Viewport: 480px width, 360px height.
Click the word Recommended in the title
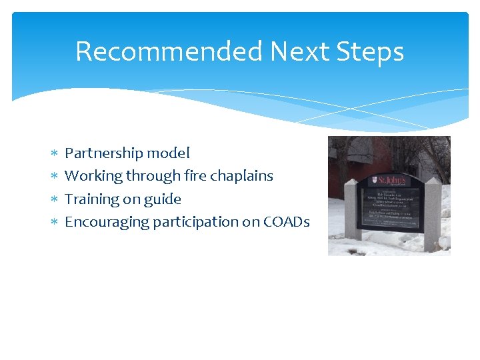[169, 51]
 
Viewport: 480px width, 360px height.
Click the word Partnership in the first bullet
[104, 153]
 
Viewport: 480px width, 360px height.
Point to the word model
[168, 153]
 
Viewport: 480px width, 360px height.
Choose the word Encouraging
[107, 222]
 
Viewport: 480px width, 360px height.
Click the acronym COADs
[287, 222]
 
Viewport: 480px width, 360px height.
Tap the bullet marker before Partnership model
[55, 154]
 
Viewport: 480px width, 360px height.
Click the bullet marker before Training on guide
[55, 199]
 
